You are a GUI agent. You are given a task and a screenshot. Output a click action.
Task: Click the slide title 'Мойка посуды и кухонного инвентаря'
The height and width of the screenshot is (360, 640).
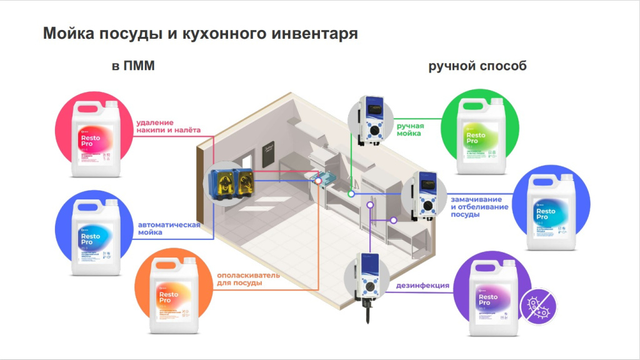(x=200, y=34)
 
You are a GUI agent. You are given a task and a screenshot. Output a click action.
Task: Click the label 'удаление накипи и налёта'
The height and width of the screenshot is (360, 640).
(x=169, y=126)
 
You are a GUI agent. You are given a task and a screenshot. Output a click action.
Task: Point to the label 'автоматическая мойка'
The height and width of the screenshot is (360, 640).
(x=169, y=228)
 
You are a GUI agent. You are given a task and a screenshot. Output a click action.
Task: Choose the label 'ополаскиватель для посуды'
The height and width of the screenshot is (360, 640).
(x=248, y=279)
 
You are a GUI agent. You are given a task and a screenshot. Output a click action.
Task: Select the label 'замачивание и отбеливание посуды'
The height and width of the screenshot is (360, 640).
(x=479, y=206)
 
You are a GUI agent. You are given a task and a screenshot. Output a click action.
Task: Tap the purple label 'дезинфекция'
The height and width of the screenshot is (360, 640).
(x=423, y=286)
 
